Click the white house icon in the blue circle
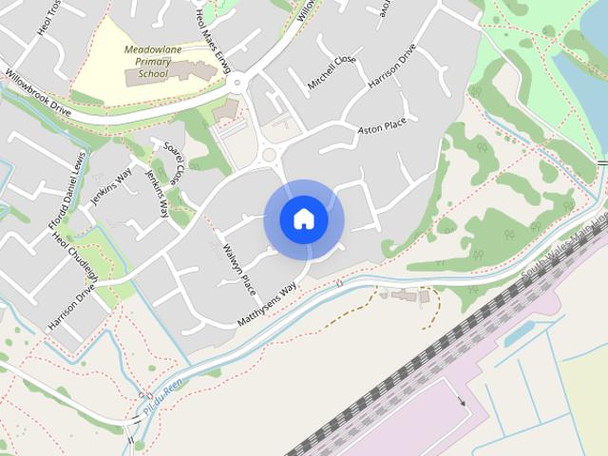(303, 219)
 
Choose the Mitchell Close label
(331, 72)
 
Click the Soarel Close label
(174, 162)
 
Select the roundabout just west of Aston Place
(270, 155)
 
